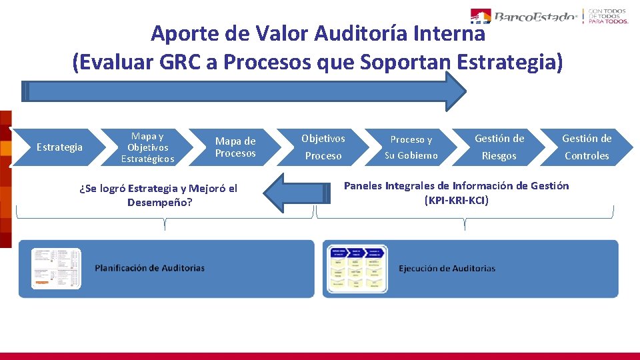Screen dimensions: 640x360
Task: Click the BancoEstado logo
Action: [x=523, y=16]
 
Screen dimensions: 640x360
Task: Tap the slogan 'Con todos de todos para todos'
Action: [x=607, y=16]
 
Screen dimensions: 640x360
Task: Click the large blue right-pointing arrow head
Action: [x=455, y=91]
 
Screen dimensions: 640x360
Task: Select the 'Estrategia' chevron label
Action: [x=59, y=147]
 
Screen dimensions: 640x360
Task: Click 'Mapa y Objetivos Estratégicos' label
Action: [x=147, y=147]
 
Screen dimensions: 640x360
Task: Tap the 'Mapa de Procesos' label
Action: [x=235, y=147]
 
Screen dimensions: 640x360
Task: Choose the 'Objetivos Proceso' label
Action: [x=323, y=147]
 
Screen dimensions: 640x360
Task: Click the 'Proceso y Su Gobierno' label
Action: [x=411, y=147]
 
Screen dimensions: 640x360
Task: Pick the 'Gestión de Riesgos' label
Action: [x=499, y=147]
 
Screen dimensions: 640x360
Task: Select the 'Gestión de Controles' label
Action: [x=587, y=147]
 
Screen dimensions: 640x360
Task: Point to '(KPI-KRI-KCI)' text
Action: [x=456, y=200]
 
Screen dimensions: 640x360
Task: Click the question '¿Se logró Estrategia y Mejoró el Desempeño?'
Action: [x=158, y=195]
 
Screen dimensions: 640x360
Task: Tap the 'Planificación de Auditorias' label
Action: [x=149, y=268]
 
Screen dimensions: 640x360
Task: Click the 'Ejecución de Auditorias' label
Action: [x=447, y=269]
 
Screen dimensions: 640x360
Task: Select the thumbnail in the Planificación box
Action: [x=57, y=269]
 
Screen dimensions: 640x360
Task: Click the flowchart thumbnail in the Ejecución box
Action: [x=356, y=269]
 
